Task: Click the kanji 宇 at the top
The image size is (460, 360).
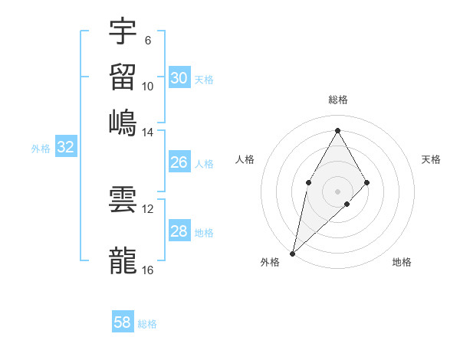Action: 123,32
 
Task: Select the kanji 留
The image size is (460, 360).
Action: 123,76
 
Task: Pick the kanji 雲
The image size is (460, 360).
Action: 123,200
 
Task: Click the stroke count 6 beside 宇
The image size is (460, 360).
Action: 147,41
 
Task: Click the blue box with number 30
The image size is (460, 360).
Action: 179,77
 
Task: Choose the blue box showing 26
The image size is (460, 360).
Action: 179,162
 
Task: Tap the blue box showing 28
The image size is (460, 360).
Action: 179,231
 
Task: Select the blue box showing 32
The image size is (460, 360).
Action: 65,148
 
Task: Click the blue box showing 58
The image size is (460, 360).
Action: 123,322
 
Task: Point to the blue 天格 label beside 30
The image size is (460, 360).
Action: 204,79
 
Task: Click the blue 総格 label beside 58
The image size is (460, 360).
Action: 147,324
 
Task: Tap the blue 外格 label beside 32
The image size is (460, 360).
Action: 41,149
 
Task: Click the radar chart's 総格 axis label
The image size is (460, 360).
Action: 337,100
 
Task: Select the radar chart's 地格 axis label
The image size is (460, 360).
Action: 402,262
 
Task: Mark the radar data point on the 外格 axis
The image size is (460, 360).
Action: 292,253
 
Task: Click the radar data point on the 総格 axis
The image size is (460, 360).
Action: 337,130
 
